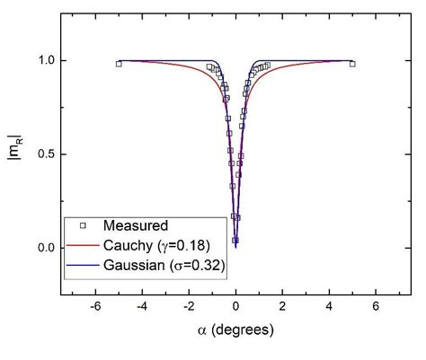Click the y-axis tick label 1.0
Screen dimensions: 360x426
[43, 60]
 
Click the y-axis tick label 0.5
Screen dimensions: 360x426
[43, 154]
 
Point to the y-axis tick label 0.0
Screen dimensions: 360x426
[43, 248]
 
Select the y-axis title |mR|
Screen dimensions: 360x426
[15, 154]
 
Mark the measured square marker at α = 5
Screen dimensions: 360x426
[352, 64]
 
